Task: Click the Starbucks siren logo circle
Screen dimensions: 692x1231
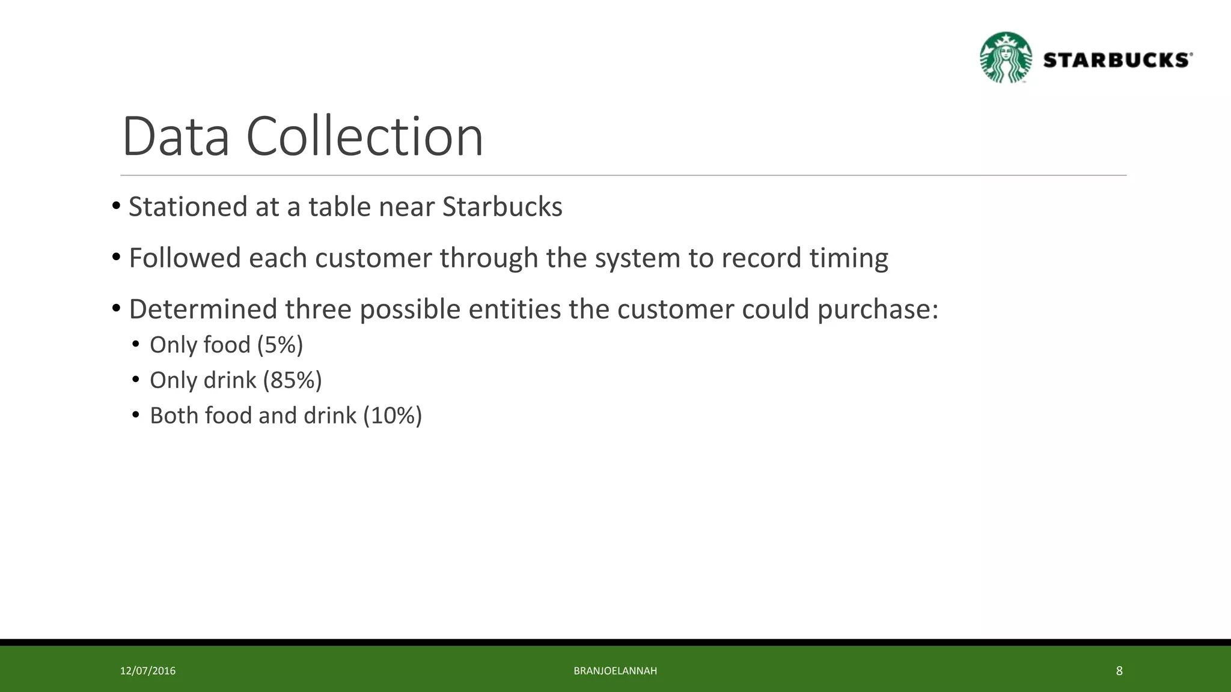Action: point(1006,58)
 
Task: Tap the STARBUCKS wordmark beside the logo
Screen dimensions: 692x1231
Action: point(1117,60)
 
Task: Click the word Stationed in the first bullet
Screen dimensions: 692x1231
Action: point(188,207)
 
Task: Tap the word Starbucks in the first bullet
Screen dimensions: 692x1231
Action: point(502,207)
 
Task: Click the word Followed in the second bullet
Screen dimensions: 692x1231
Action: point(185,258)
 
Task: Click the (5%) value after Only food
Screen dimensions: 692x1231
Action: point(280,345)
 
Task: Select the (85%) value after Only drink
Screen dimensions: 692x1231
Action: point(292,380)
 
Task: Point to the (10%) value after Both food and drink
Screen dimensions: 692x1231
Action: point(393,416)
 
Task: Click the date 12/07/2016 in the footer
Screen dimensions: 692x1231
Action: point(148,671)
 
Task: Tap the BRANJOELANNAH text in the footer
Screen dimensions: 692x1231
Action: point(615,671)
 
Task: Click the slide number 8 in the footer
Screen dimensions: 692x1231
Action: point(1119,671)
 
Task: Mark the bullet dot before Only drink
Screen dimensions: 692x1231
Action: point(136,380)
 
